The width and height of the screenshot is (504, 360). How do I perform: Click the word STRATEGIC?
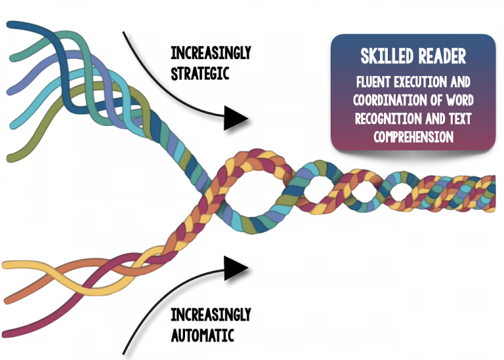click(199, 73)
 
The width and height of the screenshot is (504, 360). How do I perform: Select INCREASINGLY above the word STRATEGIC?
click(210, 52)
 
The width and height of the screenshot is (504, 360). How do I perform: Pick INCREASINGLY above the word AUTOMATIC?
click(210, 315)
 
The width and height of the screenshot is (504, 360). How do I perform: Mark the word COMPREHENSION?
click(413, 136)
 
